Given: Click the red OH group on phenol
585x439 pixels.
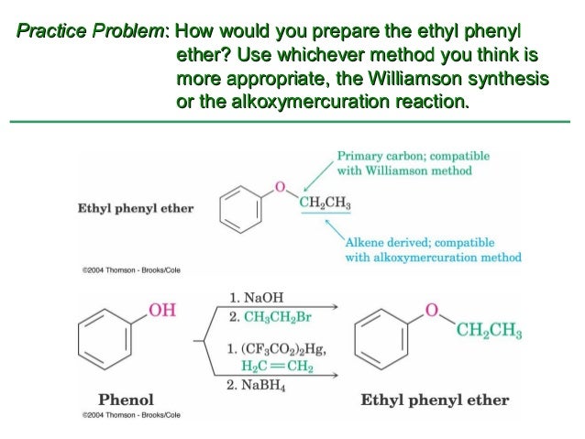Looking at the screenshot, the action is (x=161, y=311).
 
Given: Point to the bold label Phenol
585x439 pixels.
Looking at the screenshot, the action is (x=126, y=400).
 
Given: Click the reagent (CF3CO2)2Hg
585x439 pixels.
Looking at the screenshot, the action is (x=283, y=349).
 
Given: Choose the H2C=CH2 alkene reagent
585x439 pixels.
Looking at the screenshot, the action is (x=278, y=367).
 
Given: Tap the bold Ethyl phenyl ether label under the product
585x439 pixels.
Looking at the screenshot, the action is (x=435, y=401).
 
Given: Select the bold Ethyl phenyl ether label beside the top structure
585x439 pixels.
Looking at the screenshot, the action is (x=135, y=208).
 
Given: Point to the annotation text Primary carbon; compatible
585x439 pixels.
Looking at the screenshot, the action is (x=414, y=156).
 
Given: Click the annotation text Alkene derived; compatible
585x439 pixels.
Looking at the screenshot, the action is (x=420, y=243).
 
